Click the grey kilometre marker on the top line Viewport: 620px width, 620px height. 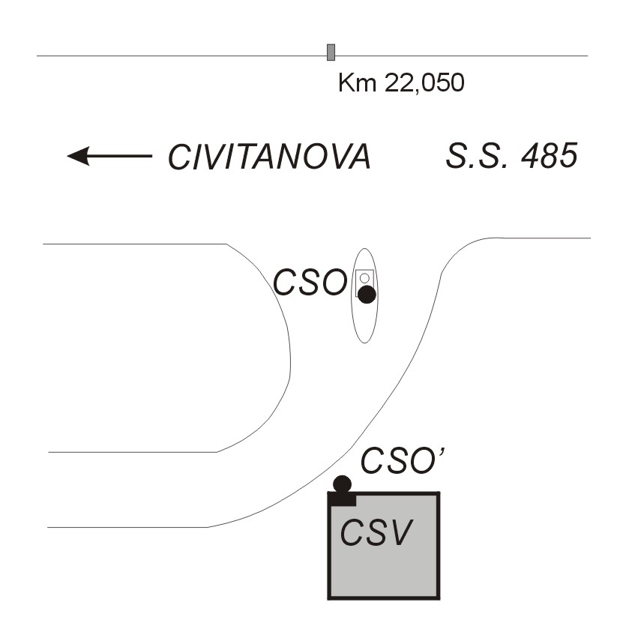coord(331,52)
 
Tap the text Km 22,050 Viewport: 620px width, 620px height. coord(401,83)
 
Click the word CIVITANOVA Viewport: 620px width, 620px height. coord(270,157)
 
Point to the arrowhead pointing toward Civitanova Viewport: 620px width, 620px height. coord(78,156)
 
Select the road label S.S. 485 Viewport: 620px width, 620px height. coord(512,155)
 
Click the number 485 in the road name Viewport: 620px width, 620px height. coord(550,155)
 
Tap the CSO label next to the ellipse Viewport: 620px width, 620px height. coord(310,283)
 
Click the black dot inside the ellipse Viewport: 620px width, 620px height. coord(367,295)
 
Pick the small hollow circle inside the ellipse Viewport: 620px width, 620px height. coord(364,278)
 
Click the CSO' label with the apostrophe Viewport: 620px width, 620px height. coord(403,460)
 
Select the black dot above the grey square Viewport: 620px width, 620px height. coord(343,484)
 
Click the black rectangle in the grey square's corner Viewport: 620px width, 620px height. coord(343,499)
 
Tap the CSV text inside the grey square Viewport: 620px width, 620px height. coord(376,532)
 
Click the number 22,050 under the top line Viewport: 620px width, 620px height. coord(424,83)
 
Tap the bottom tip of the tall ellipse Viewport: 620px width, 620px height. coord(364,343)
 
